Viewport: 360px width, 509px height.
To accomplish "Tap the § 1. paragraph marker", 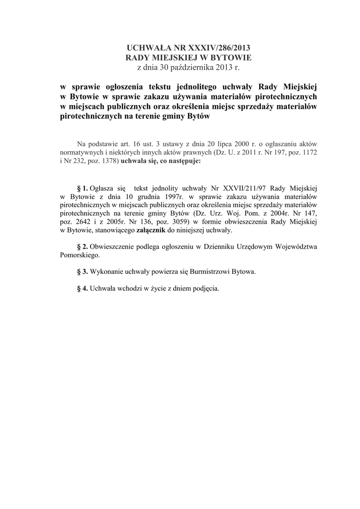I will point(83,188).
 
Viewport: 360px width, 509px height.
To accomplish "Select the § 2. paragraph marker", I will point(83,247).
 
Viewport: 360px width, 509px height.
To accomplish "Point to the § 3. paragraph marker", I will point(83,272).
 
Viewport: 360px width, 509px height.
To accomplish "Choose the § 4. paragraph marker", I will point(83,289).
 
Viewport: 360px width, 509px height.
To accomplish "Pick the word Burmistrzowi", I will point(203,272).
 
